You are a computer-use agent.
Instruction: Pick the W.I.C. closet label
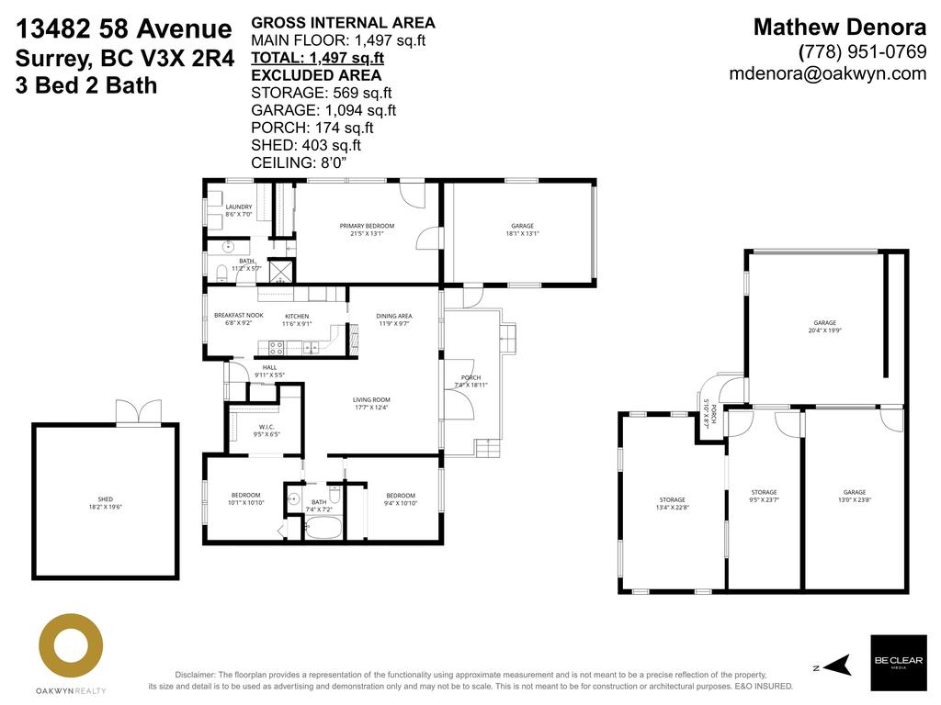pos(266,429)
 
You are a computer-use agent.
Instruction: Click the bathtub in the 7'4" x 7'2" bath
pos(323,529)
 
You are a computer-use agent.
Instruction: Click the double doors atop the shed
pos(140,413)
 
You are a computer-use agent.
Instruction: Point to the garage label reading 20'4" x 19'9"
pos(824,327)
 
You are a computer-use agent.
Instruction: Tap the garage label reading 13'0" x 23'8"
pos(855,497)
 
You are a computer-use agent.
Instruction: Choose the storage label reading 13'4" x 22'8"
pos(672,504)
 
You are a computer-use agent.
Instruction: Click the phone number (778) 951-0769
pos(863,51)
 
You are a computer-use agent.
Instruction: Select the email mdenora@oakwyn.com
pos(827,74)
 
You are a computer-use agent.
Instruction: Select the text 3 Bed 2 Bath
pos(86,86)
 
